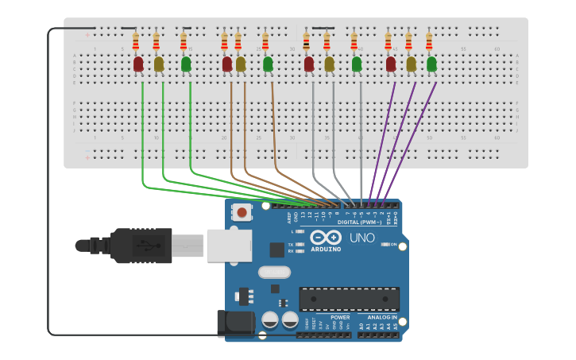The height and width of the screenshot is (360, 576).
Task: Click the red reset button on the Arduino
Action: (x=242, y=211)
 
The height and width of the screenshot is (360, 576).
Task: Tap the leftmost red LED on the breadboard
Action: (x=138, y=64)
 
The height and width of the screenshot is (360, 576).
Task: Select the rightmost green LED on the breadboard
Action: (x=431, y=64)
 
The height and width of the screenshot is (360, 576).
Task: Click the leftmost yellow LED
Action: (x=158, y=64)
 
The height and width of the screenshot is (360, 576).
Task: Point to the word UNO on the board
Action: (x=362, y=238)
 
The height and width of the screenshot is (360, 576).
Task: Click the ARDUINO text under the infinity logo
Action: (x=326, y=250)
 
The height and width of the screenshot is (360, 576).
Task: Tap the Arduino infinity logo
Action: (x=326, y=238)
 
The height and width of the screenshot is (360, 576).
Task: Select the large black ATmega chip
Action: (x=349, y=299)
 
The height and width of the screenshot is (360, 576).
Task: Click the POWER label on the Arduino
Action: (x=340, y=317)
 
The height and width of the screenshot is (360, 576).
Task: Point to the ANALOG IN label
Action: (x=381, y=317)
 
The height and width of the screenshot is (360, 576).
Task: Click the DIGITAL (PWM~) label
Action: (x=359, y=223)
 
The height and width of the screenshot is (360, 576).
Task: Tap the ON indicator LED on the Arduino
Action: (x=385, y=245)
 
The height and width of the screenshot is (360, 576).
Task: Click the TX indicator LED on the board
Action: (x=300, y=244)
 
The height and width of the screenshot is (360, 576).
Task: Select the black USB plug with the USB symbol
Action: (x=141, y=246)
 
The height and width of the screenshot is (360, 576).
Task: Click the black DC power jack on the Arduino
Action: (x=236, y=323)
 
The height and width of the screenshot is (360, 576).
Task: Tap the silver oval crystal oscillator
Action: (x=273, y=272)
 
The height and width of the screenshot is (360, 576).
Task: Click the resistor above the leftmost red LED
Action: (x=136, y=41)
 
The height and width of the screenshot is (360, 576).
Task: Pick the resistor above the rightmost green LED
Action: (x=429, y=41)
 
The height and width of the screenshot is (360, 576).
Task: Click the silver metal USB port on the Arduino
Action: (x=229, y=246)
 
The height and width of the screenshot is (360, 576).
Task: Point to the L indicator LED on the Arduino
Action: (x=300, y=231)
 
